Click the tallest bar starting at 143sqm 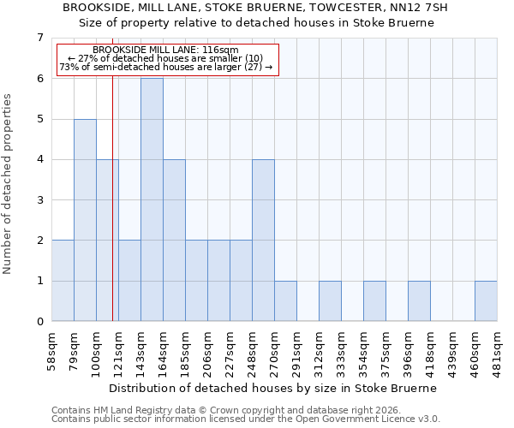coord(152,199)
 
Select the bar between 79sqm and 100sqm coord(85,220)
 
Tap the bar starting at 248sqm coord(263,241)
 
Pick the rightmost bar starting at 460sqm coord(486,301)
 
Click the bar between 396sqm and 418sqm coord(419,301)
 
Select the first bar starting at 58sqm coord(63,281)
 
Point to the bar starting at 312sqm coord(330,301)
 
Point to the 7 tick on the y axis coord(39,38)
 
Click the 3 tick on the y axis coord(39,200)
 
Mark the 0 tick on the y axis coord(39,322)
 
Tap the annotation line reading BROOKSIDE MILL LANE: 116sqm coord(166,51)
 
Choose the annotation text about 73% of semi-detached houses coord(166,67)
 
